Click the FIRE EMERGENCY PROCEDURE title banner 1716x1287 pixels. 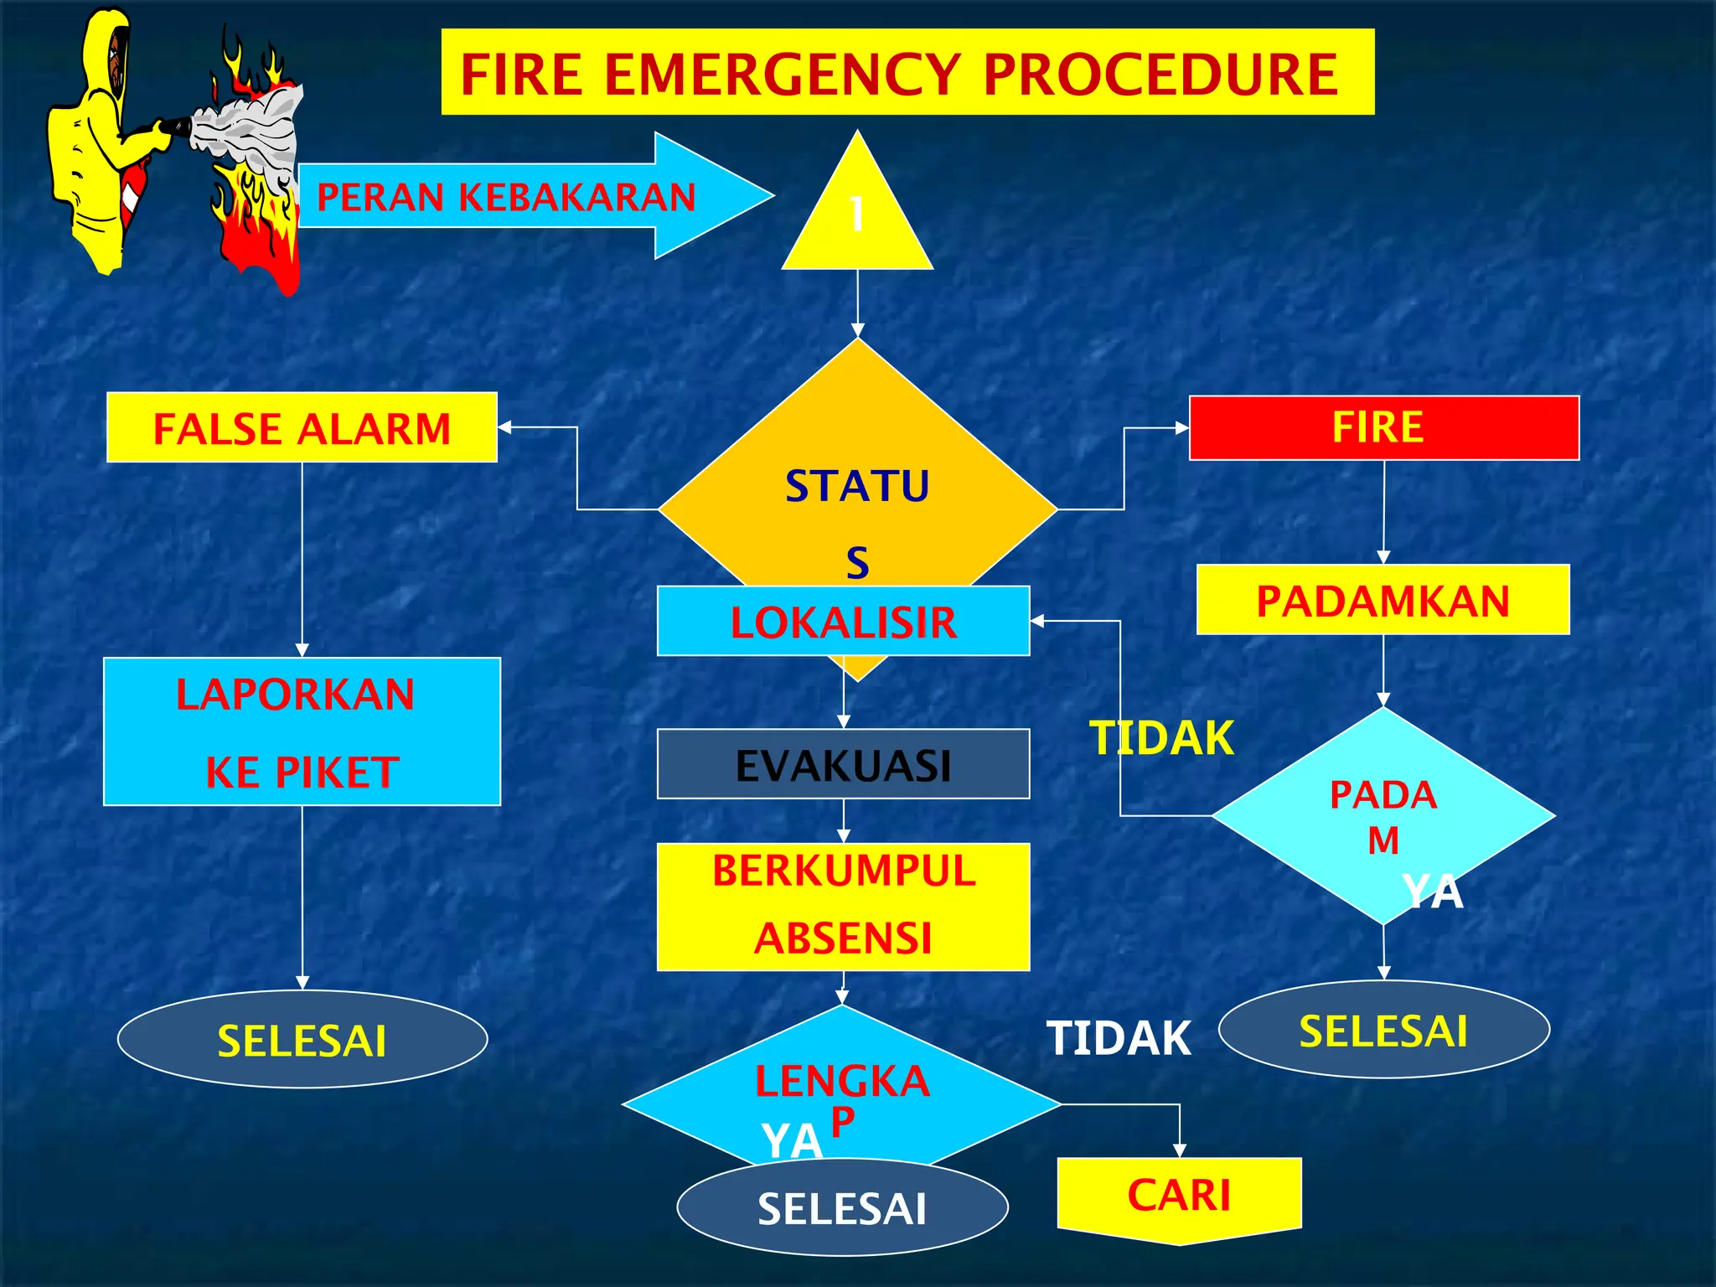click(x=907, y=72)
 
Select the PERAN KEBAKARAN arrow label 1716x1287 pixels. click(x=506, y=198)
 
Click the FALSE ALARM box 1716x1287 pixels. click(x=302, y=428)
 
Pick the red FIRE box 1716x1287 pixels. click(x=1383, y=428)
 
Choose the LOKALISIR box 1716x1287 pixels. click(x=843, y=622)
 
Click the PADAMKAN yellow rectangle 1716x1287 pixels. click(x=1383, y=600)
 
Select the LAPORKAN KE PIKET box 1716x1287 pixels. click(x=302, y=731)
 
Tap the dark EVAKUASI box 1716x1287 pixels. click(x=843, y=764)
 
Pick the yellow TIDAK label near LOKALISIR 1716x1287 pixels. click(x=1161, y=738)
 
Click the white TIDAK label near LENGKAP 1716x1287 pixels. click(x=1119, y=1038)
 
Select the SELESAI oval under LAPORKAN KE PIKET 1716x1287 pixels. click(x=302, y=1040)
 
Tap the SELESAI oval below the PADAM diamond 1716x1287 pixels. click(x=1383, y=1030)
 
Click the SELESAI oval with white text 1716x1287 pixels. click(x=842, y=1208)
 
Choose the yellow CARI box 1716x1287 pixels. click(x=1179, y=1196)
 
